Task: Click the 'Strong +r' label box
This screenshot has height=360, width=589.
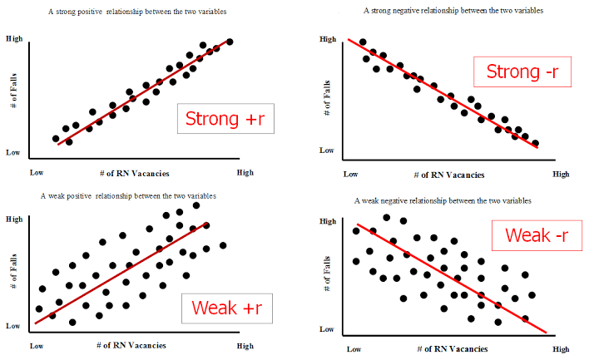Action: click(225, 119)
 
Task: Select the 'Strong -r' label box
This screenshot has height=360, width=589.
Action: click(522, 72)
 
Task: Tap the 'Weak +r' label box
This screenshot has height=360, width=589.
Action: click(227, 308)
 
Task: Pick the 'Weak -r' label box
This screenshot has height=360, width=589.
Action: click(537, 235)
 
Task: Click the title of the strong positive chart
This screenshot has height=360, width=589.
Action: click(137, 12)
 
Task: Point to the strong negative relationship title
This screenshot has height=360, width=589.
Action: click(453, 11)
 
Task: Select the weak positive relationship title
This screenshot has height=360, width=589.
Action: click(128, 196)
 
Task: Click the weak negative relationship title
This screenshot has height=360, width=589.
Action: click(443, 201)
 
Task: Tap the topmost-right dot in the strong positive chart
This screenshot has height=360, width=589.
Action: click(230, 42)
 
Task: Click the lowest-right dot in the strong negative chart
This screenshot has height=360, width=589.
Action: click(536, 143)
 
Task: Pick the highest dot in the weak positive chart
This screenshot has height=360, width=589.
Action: click(196, 205)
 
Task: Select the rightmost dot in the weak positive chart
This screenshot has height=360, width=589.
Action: click(223, 245)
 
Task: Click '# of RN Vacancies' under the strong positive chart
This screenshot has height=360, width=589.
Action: click(135, 174)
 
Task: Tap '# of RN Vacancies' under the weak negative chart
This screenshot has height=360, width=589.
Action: click(453, 349)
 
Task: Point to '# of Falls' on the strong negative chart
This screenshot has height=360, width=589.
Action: click(327, 97)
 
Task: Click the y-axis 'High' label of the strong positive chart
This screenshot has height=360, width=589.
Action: click(14, 39)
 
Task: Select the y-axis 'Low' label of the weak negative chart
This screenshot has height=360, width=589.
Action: click(326, 329)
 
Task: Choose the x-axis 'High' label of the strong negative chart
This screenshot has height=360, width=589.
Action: click(561, 175)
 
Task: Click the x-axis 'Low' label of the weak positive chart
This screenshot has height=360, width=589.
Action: click(37, 346)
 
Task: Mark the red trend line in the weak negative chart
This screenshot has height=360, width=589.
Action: click(452, 279)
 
